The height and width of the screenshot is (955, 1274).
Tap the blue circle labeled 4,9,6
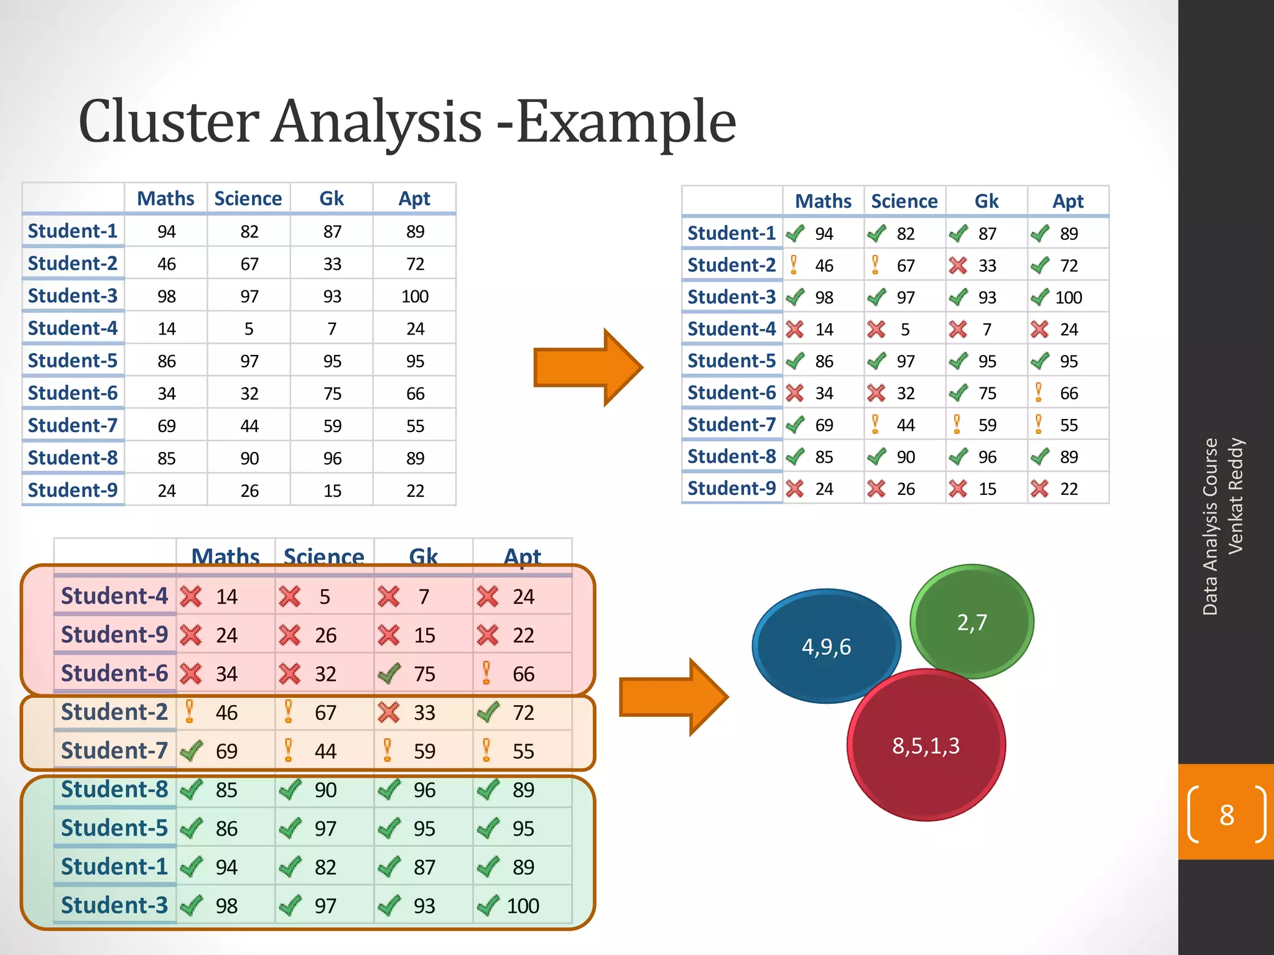pos(826,647)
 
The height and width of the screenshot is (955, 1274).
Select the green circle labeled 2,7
pos(972,622)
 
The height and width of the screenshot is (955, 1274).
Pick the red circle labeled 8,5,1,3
pos(926,745)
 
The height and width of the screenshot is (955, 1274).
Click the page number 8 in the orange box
pos(1226,815)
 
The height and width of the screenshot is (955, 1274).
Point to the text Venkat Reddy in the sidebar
pos(1235,496)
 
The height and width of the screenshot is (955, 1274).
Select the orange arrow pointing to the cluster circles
pos(672,698)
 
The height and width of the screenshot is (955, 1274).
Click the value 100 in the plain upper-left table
pos(414,297)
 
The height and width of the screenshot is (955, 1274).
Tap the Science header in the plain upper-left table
pos(248,199)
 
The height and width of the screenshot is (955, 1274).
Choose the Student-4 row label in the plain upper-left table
pos(73,328)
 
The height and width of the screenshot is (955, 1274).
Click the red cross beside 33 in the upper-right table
pos(958,266)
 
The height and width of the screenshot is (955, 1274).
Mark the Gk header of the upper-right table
pos(986,201)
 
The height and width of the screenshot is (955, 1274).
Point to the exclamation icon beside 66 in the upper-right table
pos(1038,393)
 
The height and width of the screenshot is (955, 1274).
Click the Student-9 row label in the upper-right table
pos(732,489)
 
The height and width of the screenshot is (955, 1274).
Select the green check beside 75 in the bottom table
pos(389,673)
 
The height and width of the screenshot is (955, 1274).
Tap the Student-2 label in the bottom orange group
pos(114,713)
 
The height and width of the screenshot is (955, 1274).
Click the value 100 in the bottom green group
pos(523,906)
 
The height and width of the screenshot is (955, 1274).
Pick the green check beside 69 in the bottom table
pos(191,751)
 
